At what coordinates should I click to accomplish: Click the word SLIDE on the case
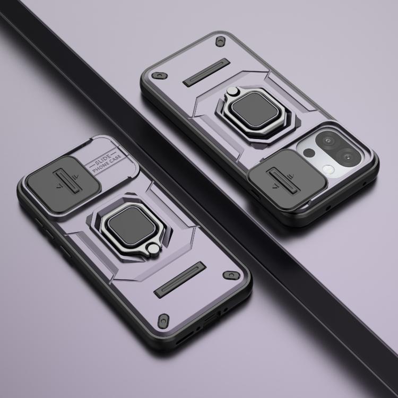[x=103, y=159]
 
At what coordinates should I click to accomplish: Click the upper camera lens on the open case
[x=328, y=141]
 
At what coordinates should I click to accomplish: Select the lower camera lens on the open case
[x=348, y=157]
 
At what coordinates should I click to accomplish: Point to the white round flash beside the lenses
[x=328, y=169]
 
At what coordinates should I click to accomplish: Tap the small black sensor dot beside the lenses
[x=309, y=152]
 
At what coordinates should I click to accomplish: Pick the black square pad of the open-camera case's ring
[x=255, y=109]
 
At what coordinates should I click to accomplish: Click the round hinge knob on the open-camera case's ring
[x=231, y=90]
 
